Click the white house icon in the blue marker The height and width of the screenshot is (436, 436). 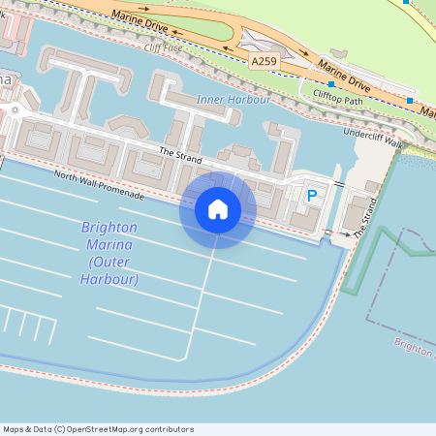pos(218,208)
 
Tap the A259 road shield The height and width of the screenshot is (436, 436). pos(264,61)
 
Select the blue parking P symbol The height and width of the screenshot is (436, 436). pos(312,196)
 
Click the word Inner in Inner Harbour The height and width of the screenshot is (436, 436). pos(211,100)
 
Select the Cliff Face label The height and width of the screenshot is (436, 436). pos(162,47)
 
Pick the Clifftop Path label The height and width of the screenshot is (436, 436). pos(338,95)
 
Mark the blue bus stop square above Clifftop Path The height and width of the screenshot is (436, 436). pos(331,84)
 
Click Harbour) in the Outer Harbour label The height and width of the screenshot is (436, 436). pos(111,279)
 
